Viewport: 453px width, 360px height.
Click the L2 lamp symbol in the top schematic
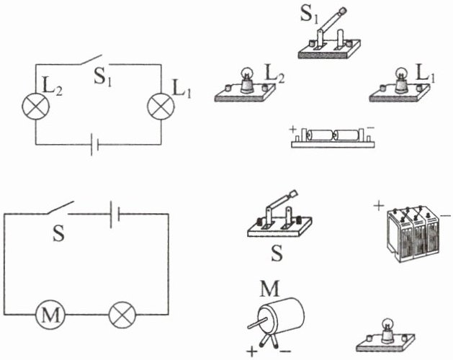(34, 106)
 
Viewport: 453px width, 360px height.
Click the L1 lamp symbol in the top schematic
(159, 106)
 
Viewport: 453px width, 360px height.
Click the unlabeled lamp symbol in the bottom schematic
(120, 314)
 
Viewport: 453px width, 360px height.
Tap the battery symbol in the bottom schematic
(112, 214)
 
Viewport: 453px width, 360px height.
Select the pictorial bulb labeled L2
(245, 86)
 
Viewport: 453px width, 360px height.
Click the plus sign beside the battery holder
(294, 130)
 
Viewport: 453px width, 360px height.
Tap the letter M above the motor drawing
(269, 289)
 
